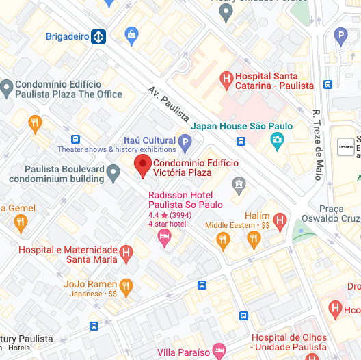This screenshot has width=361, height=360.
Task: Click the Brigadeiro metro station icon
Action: click(99, 36)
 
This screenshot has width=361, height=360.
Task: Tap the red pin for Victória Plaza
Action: click(142, 166)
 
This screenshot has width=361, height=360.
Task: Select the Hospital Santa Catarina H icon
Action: click(226, 81)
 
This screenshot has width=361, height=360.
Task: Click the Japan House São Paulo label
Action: click(241, 126)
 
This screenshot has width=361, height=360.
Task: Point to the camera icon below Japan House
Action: click(277, 142)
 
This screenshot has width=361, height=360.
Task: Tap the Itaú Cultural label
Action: click(149, 140)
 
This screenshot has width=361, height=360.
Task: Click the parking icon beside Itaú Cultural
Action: click(185, 143)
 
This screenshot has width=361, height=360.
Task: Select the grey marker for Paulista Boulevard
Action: click(113, 176)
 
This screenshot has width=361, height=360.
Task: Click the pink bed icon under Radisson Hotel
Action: click(164, 237)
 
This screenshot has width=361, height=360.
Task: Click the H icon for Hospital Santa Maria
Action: click(126, 255)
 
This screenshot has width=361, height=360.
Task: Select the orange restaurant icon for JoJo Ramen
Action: click(125, 286)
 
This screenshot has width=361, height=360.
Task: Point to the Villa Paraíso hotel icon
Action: click(219, 352)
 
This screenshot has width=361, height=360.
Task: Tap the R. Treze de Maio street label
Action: click(317, 144)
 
